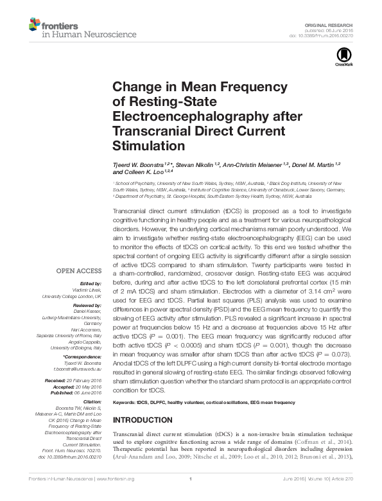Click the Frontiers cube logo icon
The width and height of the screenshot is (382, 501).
(x=34, y=25)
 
